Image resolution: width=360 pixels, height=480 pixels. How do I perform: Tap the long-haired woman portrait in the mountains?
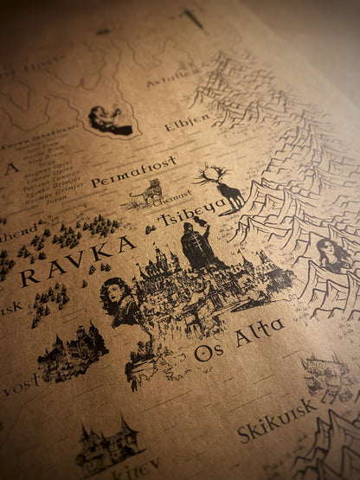(333, 256)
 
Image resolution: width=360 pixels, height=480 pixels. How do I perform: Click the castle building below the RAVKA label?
(72, 350)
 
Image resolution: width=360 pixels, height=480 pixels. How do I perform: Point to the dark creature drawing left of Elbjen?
(110, 120)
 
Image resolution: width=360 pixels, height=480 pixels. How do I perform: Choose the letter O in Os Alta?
(202, 353)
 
